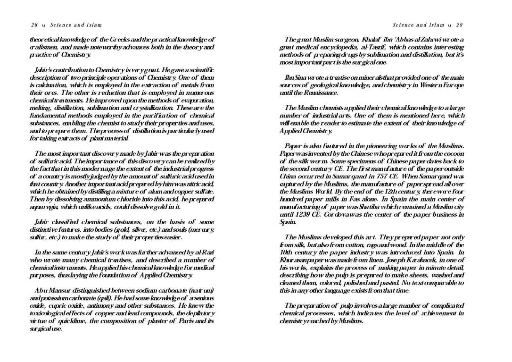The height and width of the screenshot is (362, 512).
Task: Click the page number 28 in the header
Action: (x=34, y=25)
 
